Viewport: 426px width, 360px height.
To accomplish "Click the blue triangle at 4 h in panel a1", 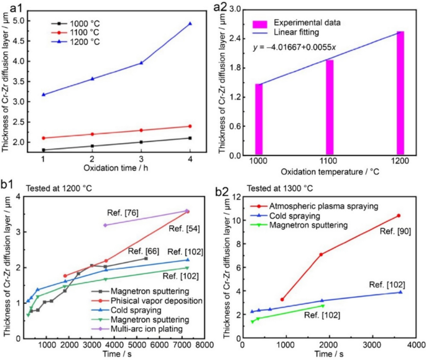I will point(190,24).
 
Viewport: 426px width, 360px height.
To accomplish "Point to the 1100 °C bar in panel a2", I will point(330,108).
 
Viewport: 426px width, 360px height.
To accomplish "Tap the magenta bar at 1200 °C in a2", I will point(401,93).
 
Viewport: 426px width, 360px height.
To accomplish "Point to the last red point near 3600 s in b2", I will point(399,216).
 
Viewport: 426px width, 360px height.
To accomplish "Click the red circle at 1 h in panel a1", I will point(43,138).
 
